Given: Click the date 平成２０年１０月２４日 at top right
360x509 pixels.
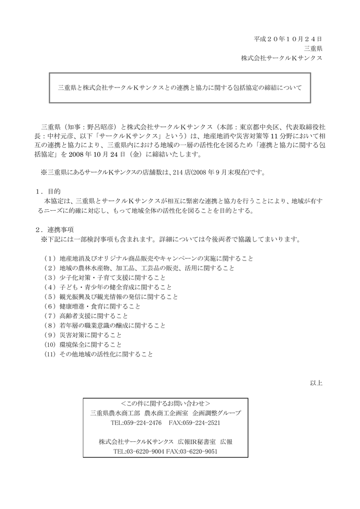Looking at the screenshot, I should pos(288,39).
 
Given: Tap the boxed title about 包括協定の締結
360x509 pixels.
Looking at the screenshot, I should pos(180,87).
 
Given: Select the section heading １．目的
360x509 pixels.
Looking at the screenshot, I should pos(48,191).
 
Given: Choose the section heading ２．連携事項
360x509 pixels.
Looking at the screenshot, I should pos(55,230).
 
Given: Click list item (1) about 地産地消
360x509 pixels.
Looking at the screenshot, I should pos(148,258).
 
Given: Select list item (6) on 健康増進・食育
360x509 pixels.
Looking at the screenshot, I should pos(92,306).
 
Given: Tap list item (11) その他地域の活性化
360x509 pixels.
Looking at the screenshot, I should pos(98,354).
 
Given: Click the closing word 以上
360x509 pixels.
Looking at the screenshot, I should pos(316,383).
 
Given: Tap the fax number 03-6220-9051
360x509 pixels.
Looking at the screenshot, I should pos(200,451).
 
